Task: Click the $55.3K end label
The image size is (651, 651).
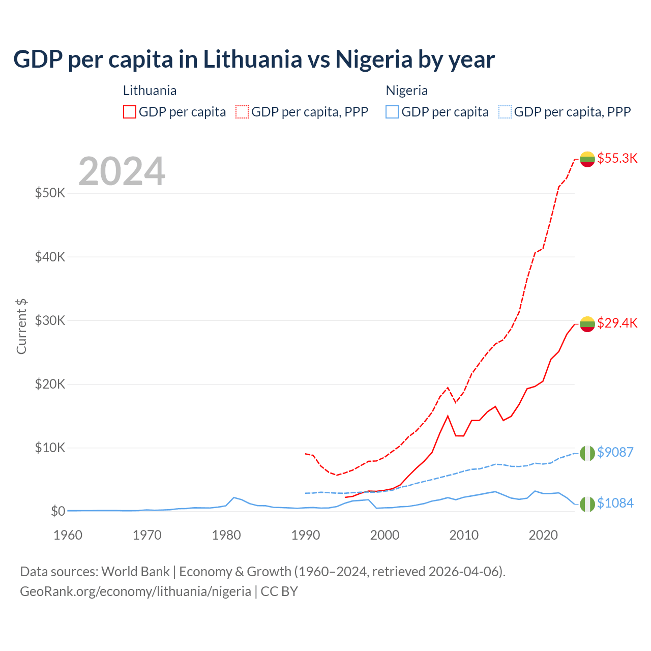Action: point(617,158)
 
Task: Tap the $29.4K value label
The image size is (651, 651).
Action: point(617,323)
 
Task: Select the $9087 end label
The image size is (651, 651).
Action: point(615,452)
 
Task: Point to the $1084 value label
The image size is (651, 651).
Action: point(615,503)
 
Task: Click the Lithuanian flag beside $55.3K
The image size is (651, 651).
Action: point(587,159)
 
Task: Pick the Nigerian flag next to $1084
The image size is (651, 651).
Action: point(587,504)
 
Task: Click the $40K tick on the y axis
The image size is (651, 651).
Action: point(50,257)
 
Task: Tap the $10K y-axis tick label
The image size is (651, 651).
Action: point(50,448)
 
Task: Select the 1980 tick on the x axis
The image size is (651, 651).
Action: point(226,535)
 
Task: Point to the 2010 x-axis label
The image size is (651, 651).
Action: point(464,535)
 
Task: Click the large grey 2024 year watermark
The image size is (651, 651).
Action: point(122,171)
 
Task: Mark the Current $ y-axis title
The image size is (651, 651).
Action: point(21,327)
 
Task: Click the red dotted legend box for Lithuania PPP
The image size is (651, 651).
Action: point(242,112)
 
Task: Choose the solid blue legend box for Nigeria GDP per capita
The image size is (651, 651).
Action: point(392,112)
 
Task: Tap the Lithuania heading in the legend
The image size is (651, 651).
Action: point(150,91)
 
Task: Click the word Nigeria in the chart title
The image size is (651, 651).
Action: point(374,59)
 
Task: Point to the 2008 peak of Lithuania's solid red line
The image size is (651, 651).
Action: point(448,416)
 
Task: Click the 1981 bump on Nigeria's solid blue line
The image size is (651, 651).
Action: point(233,497)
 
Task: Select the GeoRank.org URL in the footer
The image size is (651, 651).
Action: point(135,591)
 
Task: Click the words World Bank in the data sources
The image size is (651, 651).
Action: point(135,572)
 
